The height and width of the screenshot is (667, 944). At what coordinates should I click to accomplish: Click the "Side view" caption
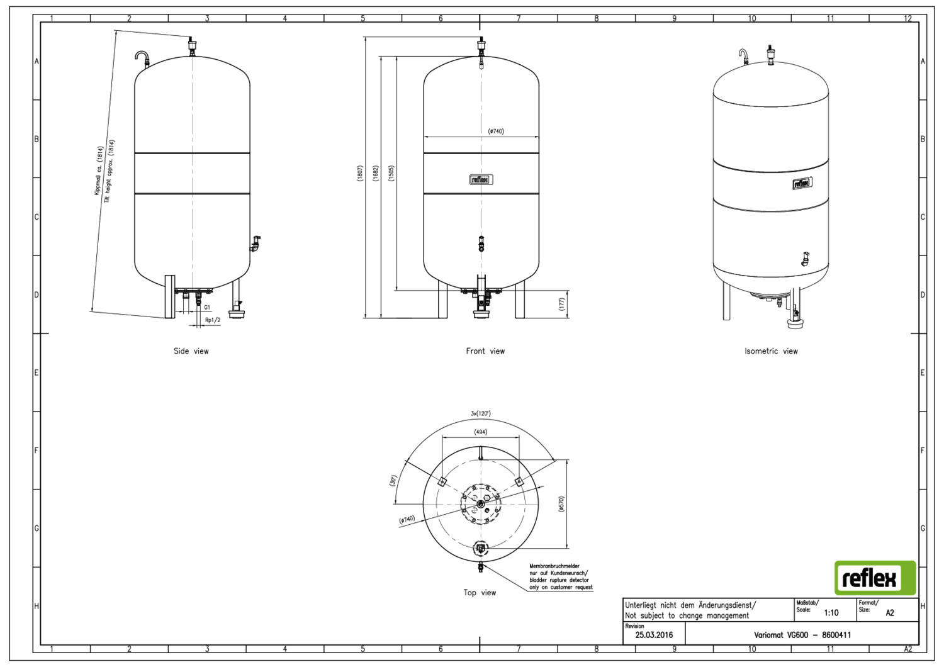(191, 351)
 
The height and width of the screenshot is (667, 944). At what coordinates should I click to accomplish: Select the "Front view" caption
(485, 351)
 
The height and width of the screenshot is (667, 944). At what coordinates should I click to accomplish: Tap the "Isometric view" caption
(771, 351)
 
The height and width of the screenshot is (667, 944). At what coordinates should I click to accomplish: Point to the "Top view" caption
(480, 592)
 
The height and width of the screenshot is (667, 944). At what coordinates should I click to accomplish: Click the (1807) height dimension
(359, 173)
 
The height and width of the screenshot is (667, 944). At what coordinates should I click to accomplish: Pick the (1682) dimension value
(376, 173)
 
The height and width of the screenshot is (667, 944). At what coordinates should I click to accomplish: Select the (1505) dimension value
(391, 173)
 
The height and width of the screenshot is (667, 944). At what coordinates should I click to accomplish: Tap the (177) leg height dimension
(561, 304)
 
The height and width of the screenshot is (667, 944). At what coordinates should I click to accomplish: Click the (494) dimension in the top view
(480, 432)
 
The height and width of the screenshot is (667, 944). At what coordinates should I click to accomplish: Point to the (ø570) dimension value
(561, 504)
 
